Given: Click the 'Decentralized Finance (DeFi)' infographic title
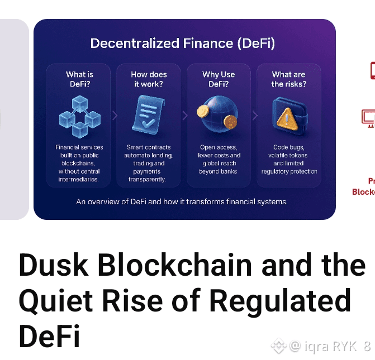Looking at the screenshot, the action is pyautogui.click(x=183, y=44).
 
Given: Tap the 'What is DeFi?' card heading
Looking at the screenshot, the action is pyautogui.click(x=79, y=79).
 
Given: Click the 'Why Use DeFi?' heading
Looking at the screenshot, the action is pyautogui.click(x=219, y=79).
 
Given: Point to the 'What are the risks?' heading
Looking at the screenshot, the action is pyautogui.click(x=289, y=79).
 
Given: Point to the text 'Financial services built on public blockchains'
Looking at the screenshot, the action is pyautogui.click(x=79, y=160).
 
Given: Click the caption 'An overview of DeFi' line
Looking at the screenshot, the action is pyautogui.click(x=182, y=201).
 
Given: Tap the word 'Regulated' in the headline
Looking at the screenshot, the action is pyautogui.click(x=280, y=302).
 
